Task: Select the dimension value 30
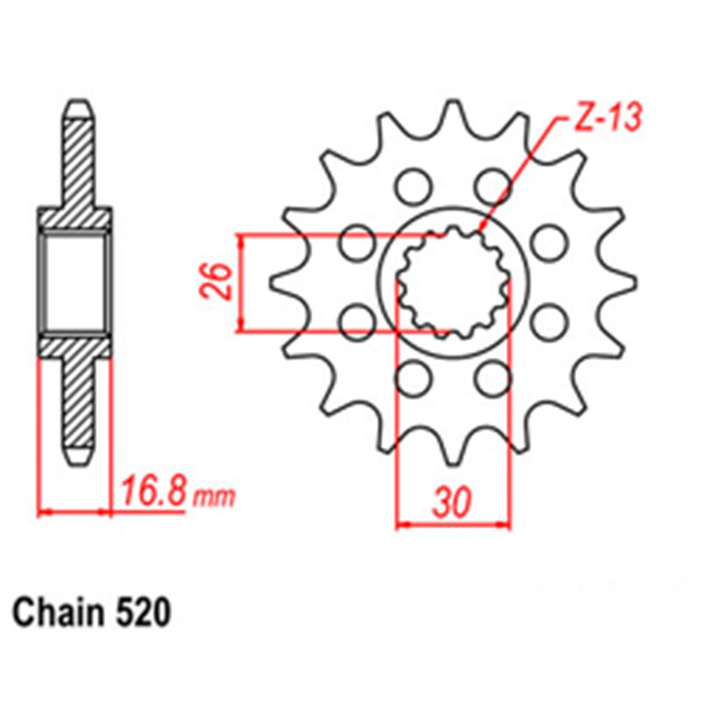451,502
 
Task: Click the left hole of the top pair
411,185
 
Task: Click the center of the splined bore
451,282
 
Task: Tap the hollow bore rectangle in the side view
75,282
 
